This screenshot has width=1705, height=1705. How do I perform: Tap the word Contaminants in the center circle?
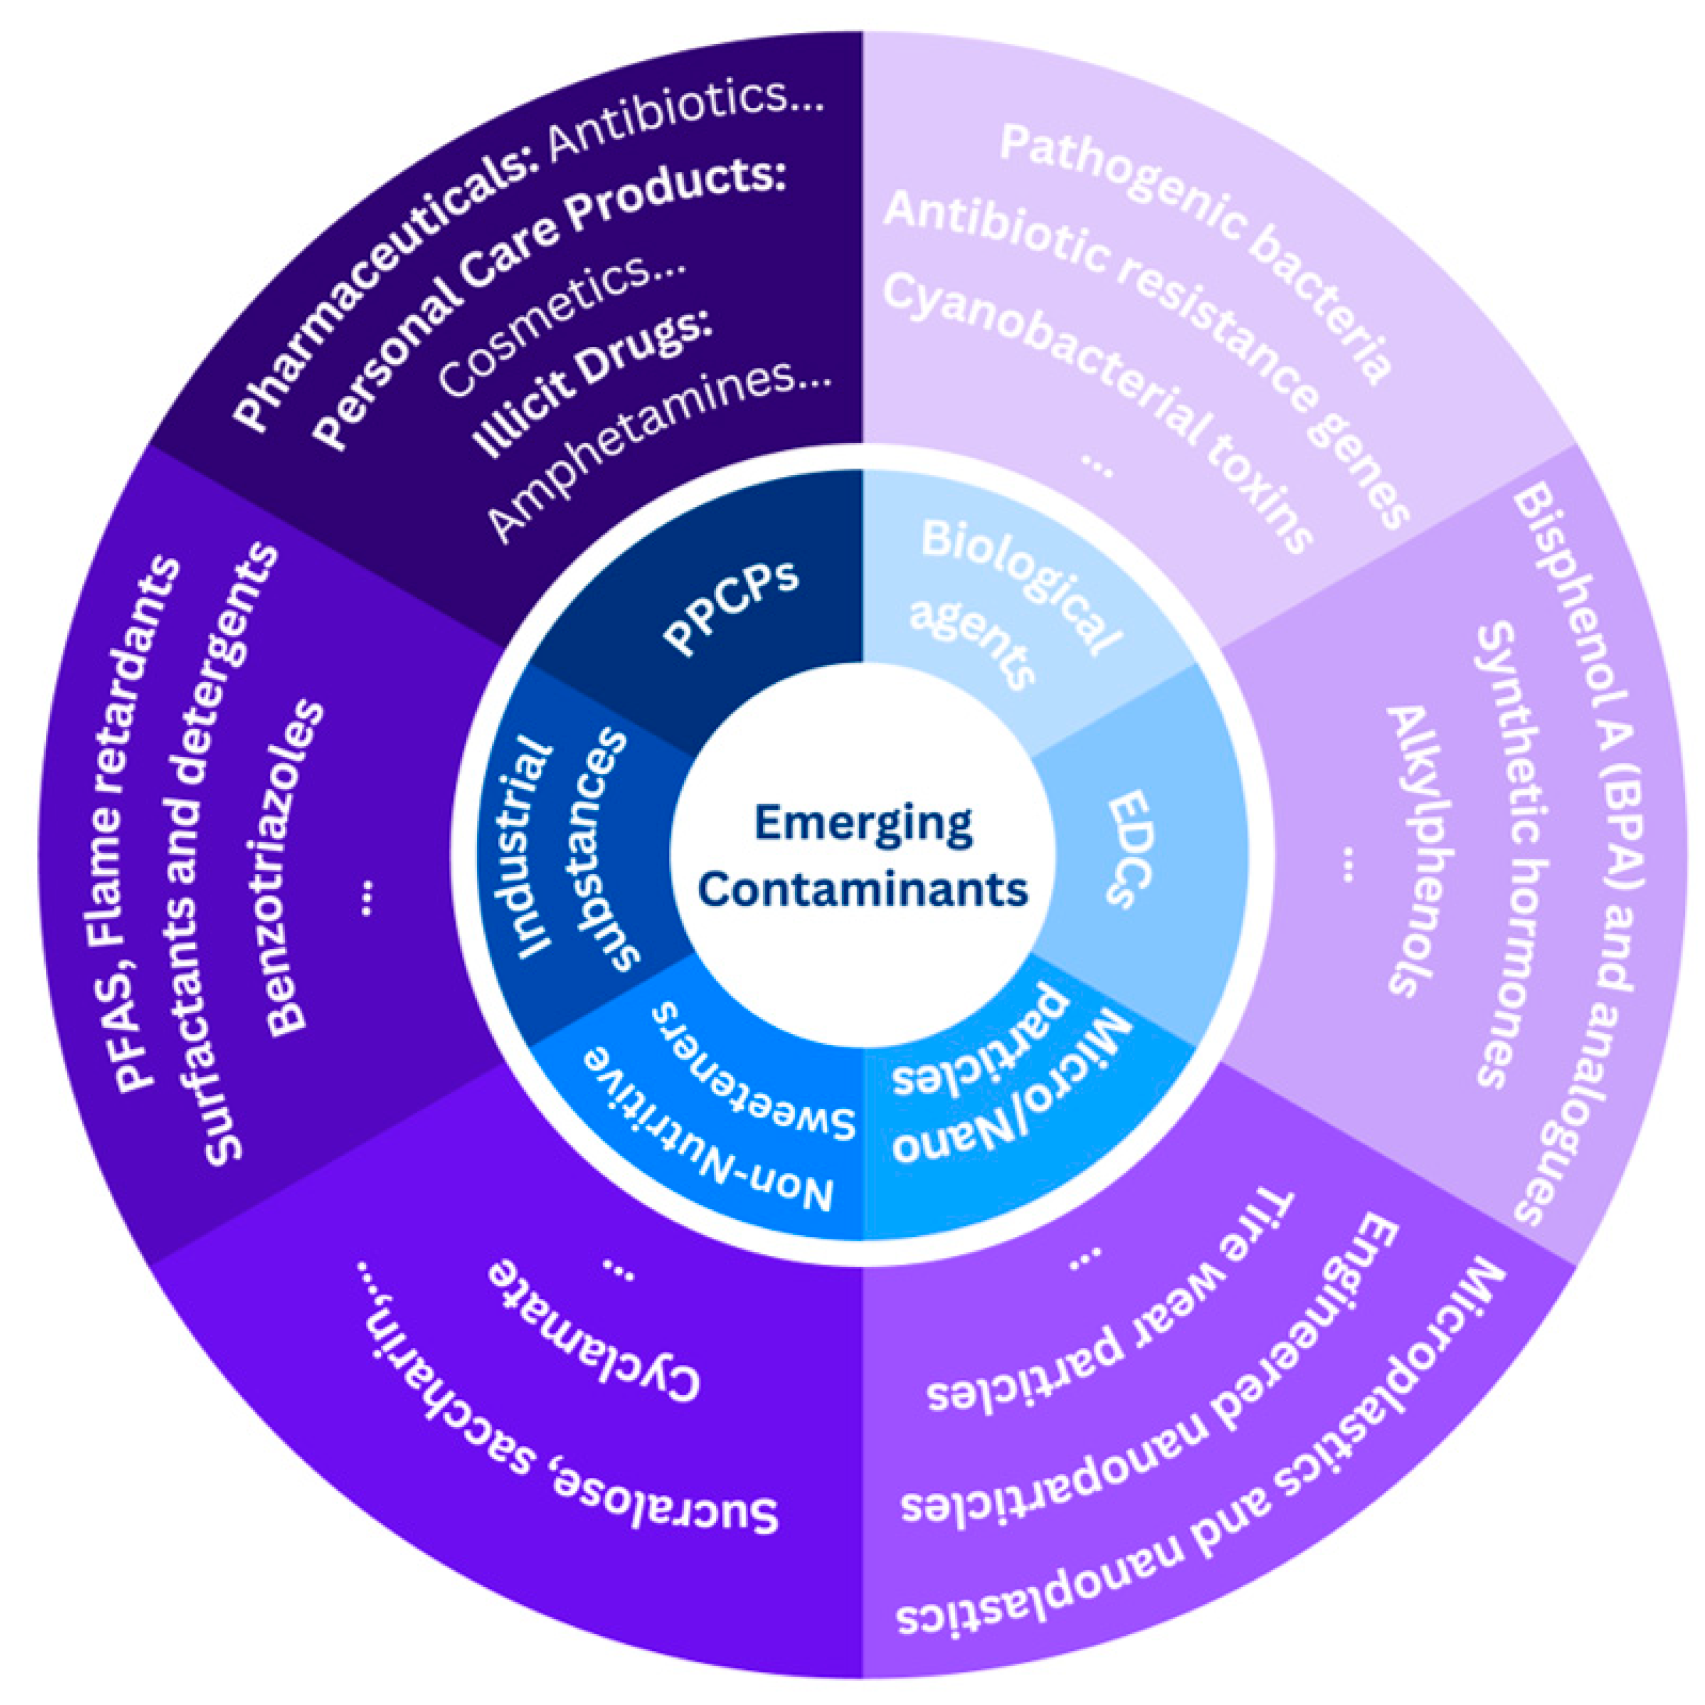point(862,888)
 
